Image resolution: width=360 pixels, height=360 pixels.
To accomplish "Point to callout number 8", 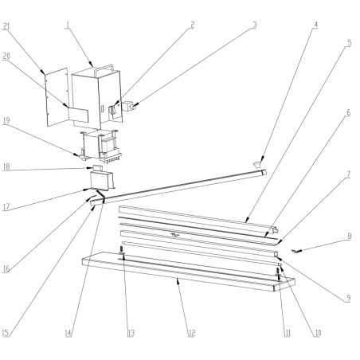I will point(348,236).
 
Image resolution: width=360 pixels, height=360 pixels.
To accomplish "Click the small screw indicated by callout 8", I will point(296,251).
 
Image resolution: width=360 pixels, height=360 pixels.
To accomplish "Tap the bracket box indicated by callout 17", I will point(100,182).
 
